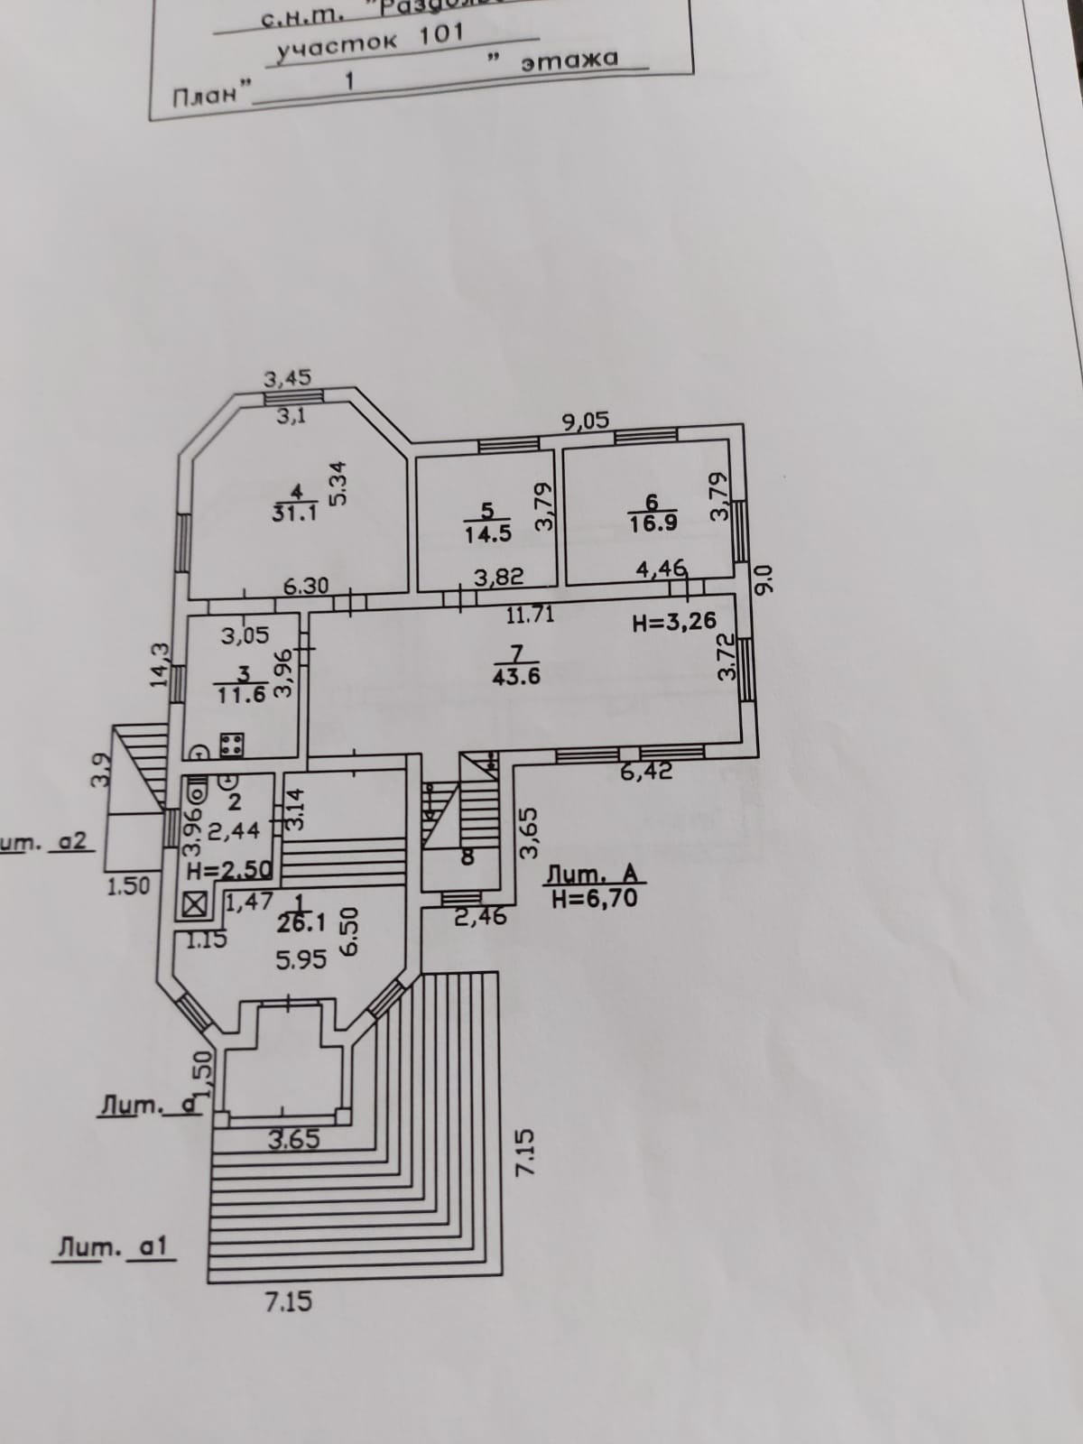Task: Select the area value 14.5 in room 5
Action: [x=487, y=532]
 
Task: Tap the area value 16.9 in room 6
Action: [x=653, y=523]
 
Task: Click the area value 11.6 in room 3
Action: [x=242, y=696]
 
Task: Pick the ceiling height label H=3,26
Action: [x=674, y=621]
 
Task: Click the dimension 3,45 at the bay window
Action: [x=288, y=380]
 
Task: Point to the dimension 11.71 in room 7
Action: [x=530, y=616]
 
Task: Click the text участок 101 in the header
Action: [x=370, y=42]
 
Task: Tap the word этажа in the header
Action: [x=570, y=60]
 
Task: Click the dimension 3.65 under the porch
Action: [x=294, y=1139]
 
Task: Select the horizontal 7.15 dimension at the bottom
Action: [x=290, y=1301]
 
